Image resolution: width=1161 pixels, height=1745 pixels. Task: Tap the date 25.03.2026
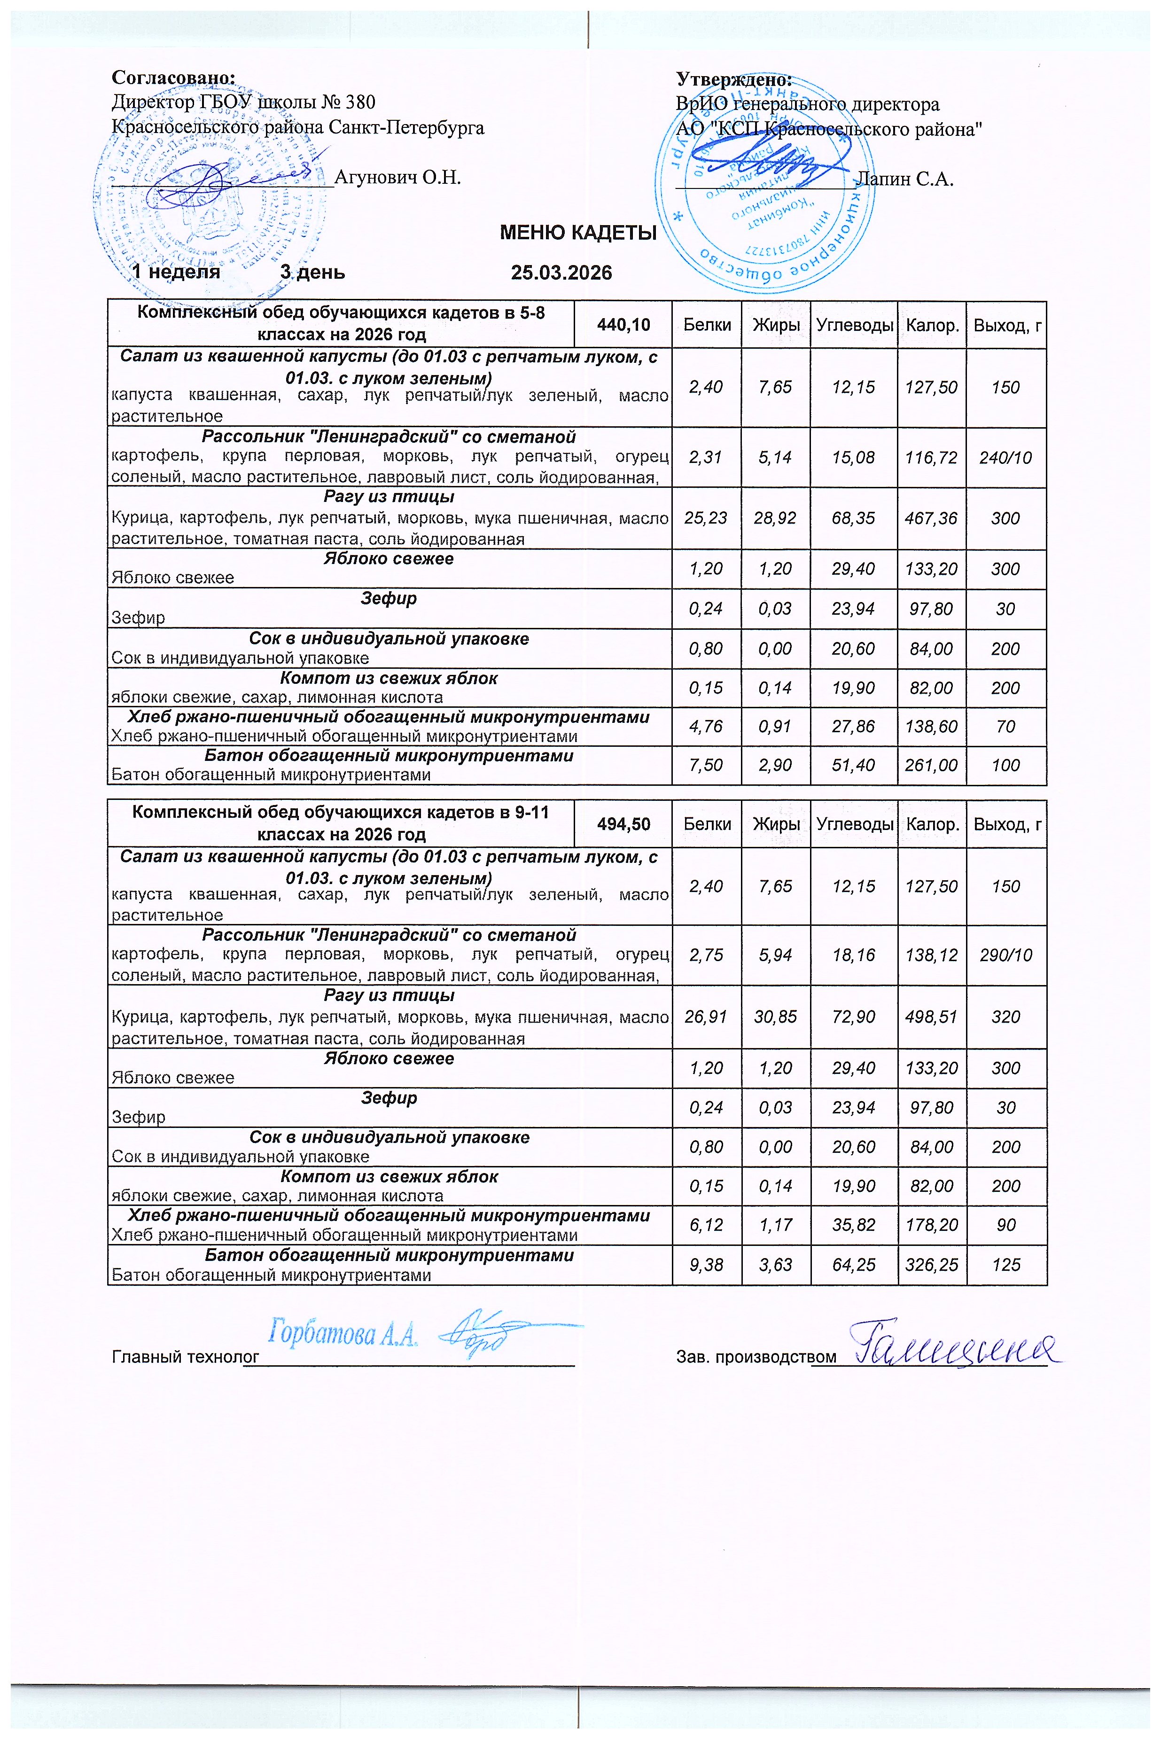(561, 273)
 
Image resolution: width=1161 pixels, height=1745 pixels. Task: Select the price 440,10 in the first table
(623, 324)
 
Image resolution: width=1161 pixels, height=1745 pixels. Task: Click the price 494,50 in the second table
(623, 823)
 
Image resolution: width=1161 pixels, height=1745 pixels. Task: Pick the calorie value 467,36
(931, 518)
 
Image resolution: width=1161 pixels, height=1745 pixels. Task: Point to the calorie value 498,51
(931, 1017)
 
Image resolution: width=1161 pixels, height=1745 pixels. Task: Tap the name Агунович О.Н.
(397, 178)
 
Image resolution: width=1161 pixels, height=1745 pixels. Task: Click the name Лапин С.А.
(904, 179)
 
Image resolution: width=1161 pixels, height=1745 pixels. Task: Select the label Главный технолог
(185, 1357)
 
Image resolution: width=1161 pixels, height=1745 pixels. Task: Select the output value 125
(1005, 1265)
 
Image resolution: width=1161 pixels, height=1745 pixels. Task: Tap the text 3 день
(312, 273)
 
